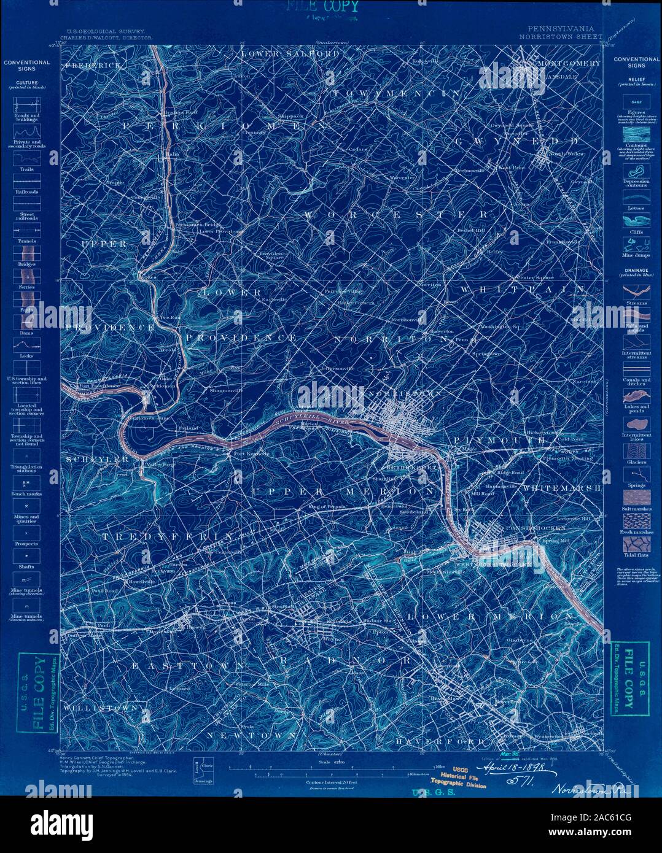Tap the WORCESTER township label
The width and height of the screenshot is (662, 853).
397,214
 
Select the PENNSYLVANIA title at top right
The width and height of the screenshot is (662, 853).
560,29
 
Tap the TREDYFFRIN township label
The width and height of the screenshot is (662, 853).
167,536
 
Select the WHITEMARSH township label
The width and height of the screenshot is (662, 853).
561,488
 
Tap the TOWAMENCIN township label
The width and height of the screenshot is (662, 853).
396,93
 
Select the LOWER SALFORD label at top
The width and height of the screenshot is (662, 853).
290,54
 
